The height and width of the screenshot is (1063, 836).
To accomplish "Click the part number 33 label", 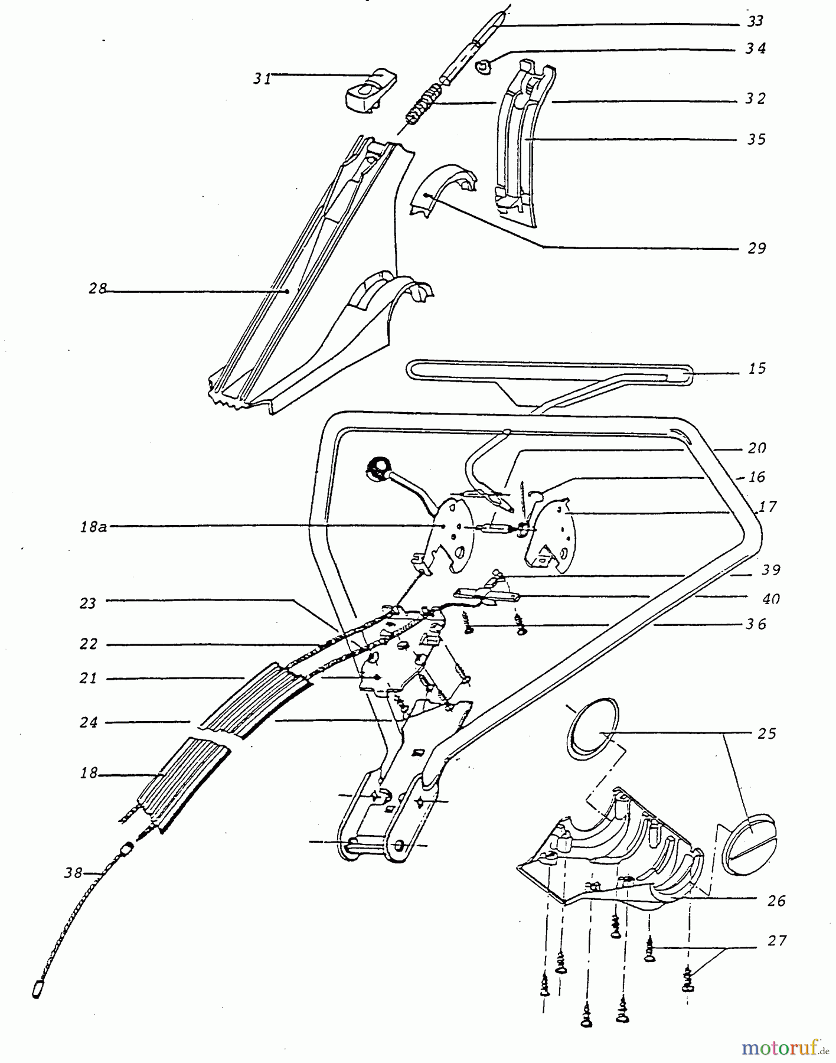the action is pyautogui.click(x=755, y=21).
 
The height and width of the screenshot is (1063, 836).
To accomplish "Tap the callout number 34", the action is pyautogui.click(x=755, y=48).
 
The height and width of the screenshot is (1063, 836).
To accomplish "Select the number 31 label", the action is pyautogui.click(x=263, y=78).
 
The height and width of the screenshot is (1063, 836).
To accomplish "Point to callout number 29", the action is pyautogui.click(x=756, y=248).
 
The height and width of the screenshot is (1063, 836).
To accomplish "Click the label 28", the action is pyautogui.click(x=98, y=289).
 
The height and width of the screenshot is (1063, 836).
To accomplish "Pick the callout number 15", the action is pyautogui.click(x=756, y=369).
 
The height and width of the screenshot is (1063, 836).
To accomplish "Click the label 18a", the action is pyautogui.click(x=93, y=526).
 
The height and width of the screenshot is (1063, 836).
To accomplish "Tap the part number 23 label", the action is pyautogui.click(x=88, y=604).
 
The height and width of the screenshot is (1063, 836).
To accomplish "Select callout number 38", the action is pyautogui.click(x=74, y=872).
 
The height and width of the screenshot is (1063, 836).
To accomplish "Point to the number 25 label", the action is pyautogui.click(x=767, y=733).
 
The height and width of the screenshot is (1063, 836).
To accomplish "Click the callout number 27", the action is pyautogui.click(x=777, y=940).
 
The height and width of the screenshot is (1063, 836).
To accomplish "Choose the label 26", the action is pyautogui.click(x=776, y=901).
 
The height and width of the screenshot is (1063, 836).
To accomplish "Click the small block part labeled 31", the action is pyautogui.click(x=371, y=90).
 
